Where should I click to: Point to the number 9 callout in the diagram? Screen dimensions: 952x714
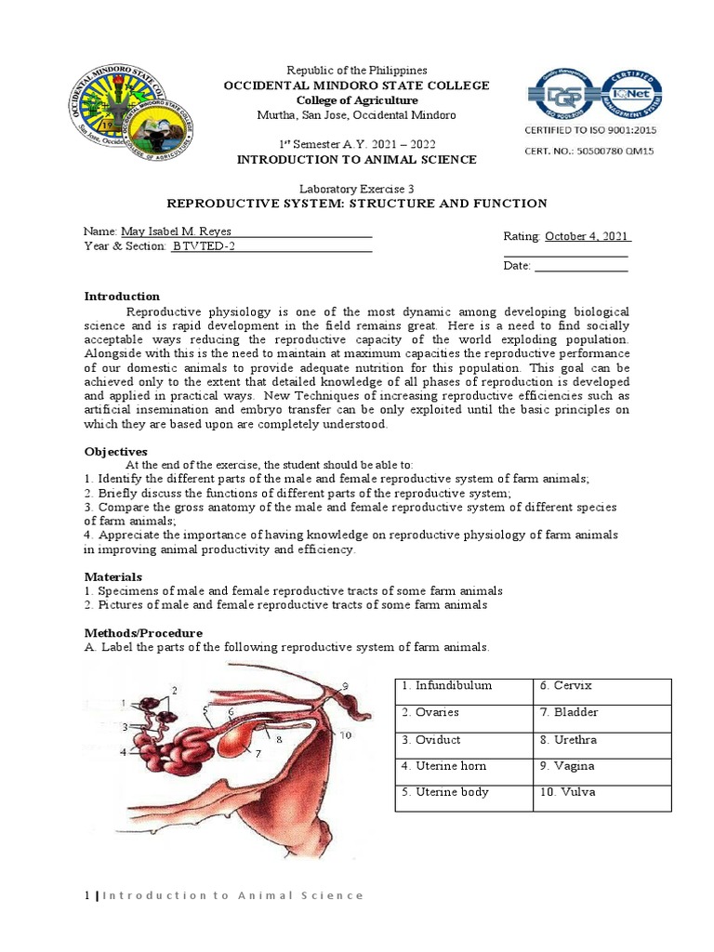(344, 686)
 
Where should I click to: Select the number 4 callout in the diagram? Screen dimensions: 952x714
(122, 752)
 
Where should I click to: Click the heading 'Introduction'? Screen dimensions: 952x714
(122, 297)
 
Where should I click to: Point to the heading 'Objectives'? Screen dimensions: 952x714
(116, 451)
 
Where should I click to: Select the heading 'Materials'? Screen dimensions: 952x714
(113, 576)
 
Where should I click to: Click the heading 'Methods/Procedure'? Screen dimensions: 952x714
(143, 632)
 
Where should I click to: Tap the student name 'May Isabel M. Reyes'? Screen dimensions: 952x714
(176, 231)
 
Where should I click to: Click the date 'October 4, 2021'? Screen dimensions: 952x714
(588, 236)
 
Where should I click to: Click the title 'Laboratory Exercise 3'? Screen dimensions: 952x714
(356, 188)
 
